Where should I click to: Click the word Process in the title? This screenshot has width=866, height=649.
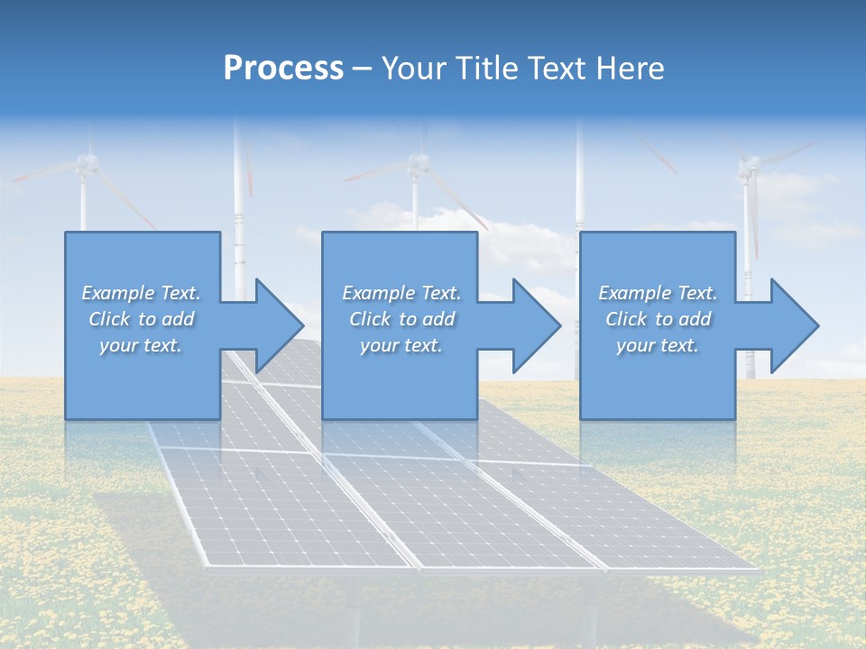[283, 68]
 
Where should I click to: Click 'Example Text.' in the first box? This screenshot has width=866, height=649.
[141, 293]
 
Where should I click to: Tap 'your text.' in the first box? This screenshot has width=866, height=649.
[141, 345]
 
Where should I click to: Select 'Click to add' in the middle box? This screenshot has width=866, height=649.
[401, 319]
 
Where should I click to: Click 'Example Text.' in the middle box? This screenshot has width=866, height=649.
[401, 293]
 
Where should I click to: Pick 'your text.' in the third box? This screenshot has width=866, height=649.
[657, 345]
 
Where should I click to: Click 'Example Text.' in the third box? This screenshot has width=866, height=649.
[657, 293]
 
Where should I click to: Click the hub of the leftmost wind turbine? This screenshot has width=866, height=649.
[86, 163]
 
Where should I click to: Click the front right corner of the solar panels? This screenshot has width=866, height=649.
[756, 570]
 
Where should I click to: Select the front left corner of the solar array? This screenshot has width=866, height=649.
[206, 566]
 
